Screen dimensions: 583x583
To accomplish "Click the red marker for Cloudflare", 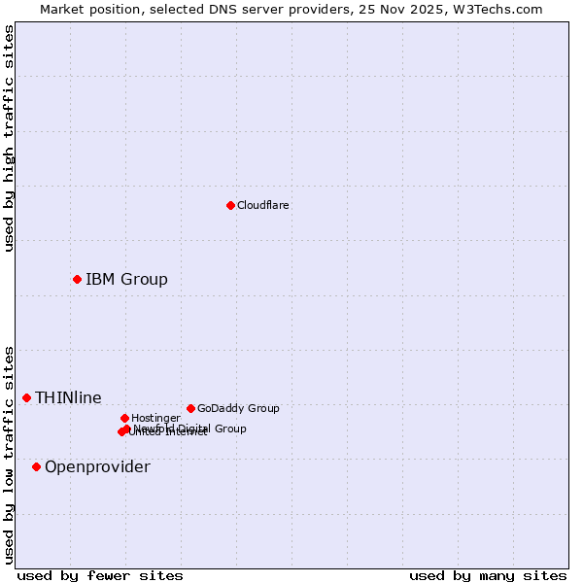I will (230, 205).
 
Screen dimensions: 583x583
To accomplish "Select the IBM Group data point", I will (77, 279).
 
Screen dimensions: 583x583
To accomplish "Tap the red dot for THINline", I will (26, 397).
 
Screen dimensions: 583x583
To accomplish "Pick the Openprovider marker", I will (36, 466).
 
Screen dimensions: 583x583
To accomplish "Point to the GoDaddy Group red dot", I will (190, 408).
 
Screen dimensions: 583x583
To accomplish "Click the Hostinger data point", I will (124, 418).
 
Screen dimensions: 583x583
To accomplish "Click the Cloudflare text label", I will (262, 205).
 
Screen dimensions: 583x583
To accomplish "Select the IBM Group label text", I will (126, 280).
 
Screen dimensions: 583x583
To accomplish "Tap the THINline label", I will (68, 397).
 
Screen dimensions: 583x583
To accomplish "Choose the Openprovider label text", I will (97, 467).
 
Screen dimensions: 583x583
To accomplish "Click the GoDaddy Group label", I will (238, 408).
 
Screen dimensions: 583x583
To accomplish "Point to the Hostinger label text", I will (155, 418).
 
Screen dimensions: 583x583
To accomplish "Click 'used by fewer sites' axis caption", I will (100, 575).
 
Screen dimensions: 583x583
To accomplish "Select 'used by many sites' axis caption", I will (488, 575).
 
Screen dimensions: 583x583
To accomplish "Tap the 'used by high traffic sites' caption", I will (9, 138).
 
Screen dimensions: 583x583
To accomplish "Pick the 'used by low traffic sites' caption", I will (9, 454).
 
